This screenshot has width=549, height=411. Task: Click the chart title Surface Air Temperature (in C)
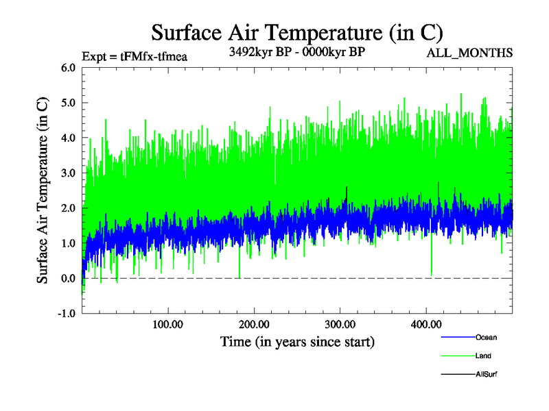pos(296,32)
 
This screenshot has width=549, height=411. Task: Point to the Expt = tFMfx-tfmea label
pos(135,56)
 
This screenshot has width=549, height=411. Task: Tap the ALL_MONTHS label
pos(469,53)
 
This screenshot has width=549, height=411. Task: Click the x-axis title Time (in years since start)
pos(297,341)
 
